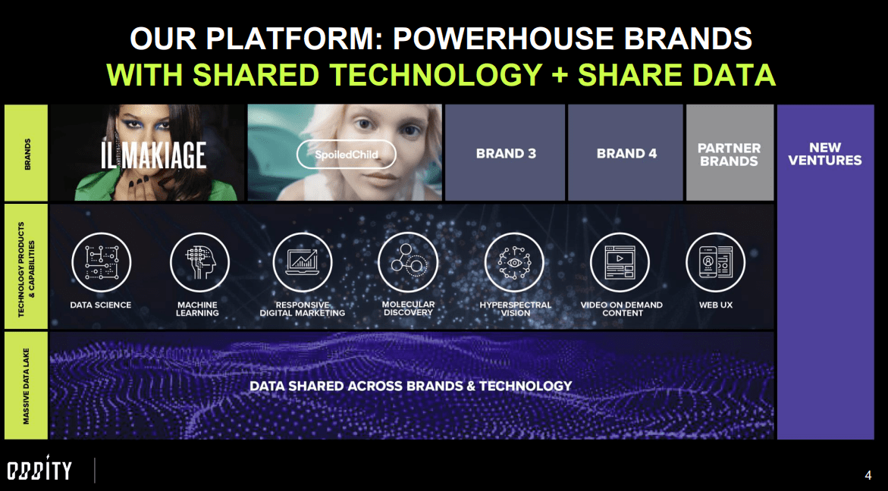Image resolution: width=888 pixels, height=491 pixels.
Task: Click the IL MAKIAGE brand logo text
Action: [x=154, y=155]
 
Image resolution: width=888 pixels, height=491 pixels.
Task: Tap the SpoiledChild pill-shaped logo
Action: [x=347, y=154]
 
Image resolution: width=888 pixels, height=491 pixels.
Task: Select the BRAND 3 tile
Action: [x=506, y=153]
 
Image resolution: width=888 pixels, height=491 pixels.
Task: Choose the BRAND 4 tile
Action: [x=626, y=153]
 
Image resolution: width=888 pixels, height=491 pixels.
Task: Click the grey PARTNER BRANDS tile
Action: [x=729, y=154]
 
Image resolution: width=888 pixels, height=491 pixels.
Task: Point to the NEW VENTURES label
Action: [x=825, y=154]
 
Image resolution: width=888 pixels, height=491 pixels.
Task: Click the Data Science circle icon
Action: [x=101, y=261]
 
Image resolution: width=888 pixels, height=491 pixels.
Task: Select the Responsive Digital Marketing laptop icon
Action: [x=302, y=261]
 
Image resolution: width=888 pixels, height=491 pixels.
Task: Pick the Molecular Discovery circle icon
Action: [x=407, y=261]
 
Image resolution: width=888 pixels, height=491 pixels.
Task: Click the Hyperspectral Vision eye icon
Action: [x=515, y=261]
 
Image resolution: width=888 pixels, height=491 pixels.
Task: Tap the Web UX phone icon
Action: [x=715, y=261]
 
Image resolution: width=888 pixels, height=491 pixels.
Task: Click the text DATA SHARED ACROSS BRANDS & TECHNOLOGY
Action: [x=410, y=386]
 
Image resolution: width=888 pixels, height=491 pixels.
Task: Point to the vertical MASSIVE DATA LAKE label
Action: [x=26, y=385]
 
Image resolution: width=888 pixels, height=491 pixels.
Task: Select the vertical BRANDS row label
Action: [x=26, y=152]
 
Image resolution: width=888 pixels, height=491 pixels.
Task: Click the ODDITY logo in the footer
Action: [x=39, y=471]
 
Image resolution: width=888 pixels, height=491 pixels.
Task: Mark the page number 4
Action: [x=868, y=475]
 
